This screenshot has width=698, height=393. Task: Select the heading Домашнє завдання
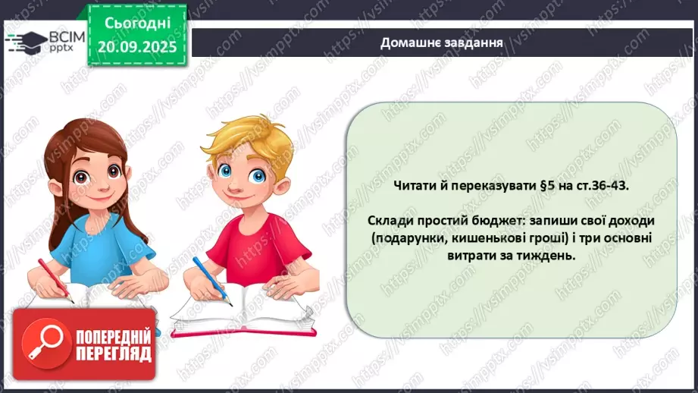coord(443,42)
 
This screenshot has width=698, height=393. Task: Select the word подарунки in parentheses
coord(409,238)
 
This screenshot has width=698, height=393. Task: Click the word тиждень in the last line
coord(547,256)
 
